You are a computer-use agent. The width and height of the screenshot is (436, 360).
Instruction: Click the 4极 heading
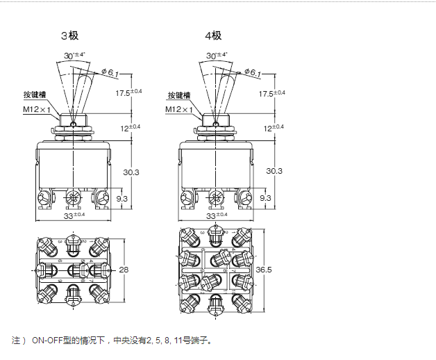click(212, 35)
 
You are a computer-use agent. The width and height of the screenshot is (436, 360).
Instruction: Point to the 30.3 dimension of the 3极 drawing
click(131, 172)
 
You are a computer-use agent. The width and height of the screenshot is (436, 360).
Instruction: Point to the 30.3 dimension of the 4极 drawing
click(274, 172)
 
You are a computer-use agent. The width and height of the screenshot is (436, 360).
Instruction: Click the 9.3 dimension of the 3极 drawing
click(121, 199)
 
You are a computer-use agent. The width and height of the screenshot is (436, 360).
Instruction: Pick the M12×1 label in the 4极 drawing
click(179, 109)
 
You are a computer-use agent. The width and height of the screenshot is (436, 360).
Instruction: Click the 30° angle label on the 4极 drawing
click(214, 55)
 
